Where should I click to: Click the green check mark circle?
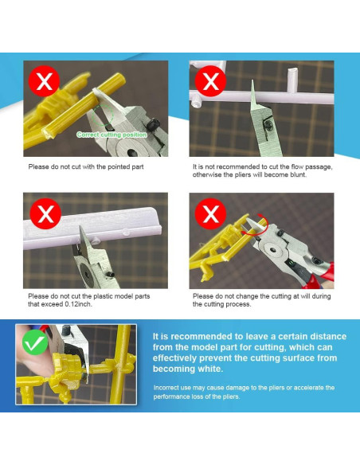(35, 342)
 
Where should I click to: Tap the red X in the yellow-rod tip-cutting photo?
(44, 81)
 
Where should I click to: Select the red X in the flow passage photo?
(210, 81)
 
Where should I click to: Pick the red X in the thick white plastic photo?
(45, 213)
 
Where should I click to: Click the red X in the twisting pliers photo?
(210, 213)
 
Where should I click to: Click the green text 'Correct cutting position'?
(112, 135)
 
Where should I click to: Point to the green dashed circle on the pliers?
(102, 115)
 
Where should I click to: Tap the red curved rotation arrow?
(258, 226)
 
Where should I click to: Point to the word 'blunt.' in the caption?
(298, 175)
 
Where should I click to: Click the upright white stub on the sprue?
(292, 80)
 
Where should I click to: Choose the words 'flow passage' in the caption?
(307, 167)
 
